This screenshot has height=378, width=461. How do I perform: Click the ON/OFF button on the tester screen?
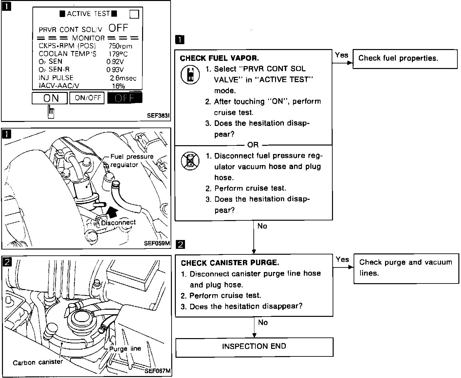coord(87,98)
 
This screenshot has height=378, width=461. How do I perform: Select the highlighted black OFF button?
coord(125,98)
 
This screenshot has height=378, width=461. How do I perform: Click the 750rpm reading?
coord(120,46)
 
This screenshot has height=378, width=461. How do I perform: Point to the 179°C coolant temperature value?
coord(118,54)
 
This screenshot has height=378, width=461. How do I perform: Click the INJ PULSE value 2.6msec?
coord(123,78)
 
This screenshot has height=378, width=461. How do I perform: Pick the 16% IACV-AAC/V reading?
coord(118,86)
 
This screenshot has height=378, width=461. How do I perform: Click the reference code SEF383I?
coord(158,116)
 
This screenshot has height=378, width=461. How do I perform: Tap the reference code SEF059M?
coord(157,243)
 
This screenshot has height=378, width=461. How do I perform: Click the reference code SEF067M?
coord(157,371)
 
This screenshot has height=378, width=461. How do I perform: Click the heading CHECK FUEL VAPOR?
coord(219,58)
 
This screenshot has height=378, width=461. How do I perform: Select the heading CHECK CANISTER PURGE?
coord(230,263)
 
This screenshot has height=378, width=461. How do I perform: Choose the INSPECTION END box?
coord(254,347)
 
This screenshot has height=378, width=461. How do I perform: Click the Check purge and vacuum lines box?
coord(406,268)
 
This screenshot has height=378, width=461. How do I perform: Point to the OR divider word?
coord(253,145)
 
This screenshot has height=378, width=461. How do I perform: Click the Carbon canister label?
coord(38,362)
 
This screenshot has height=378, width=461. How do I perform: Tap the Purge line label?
coord(125,349)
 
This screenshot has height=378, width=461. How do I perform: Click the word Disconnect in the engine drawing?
coord(118,223)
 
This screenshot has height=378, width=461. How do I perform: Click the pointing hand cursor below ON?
coord(51,112)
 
